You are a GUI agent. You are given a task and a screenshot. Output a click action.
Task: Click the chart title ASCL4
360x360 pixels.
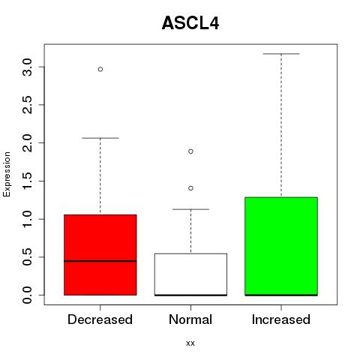190,23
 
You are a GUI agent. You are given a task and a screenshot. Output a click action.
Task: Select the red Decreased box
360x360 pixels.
100,255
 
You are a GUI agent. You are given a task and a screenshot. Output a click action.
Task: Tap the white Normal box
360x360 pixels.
190,274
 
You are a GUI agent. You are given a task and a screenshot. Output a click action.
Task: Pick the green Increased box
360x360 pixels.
281,246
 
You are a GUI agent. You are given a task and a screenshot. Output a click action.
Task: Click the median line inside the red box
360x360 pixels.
100,261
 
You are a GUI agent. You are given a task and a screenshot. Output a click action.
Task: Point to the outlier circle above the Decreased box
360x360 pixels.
100,69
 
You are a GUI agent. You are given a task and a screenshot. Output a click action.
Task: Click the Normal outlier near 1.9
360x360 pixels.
190,151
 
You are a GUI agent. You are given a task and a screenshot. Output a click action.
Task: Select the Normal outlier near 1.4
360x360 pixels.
190,188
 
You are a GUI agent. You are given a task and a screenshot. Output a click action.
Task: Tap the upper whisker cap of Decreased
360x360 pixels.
100,138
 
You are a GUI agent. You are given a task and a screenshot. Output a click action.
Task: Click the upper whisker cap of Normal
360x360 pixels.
190,209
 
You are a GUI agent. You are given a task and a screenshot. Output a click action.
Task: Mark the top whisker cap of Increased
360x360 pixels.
281,54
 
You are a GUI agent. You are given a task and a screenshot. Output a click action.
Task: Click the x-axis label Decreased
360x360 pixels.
100,319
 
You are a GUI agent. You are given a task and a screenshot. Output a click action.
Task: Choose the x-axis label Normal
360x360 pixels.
190,319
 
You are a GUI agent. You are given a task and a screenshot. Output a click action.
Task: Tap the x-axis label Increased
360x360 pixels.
281,319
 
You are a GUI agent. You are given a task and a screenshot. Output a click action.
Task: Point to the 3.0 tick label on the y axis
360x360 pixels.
27,67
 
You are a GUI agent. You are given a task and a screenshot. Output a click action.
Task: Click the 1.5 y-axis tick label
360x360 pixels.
27,181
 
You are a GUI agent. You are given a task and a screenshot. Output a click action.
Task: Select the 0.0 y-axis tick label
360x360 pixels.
27,295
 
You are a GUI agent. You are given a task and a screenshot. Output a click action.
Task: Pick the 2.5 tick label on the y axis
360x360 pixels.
27,105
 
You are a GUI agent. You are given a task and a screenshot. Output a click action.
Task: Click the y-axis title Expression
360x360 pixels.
7,174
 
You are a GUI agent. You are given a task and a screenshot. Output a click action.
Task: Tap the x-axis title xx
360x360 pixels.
190,343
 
